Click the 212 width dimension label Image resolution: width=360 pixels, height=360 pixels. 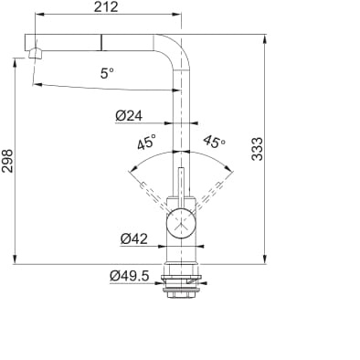[106, 6]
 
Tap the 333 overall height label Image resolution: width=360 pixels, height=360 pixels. [258, 149]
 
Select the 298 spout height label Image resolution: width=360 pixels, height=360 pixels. [7, 161]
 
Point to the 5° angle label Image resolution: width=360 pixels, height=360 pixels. [107, 73]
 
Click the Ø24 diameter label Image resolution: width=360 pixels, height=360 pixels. [129, 116]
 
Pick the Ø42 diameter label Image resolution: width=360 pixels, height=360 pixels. [134, 238]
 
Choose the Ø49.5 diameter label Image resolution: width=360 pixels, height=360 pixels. [130, 276]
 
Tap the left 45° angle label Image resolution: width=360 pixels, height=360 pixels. [146, 142]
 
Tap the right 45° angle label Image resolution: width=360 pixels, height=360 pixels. [215, 142]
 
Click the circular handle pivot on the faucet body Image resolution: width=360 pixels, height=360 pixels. [181, 223]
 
